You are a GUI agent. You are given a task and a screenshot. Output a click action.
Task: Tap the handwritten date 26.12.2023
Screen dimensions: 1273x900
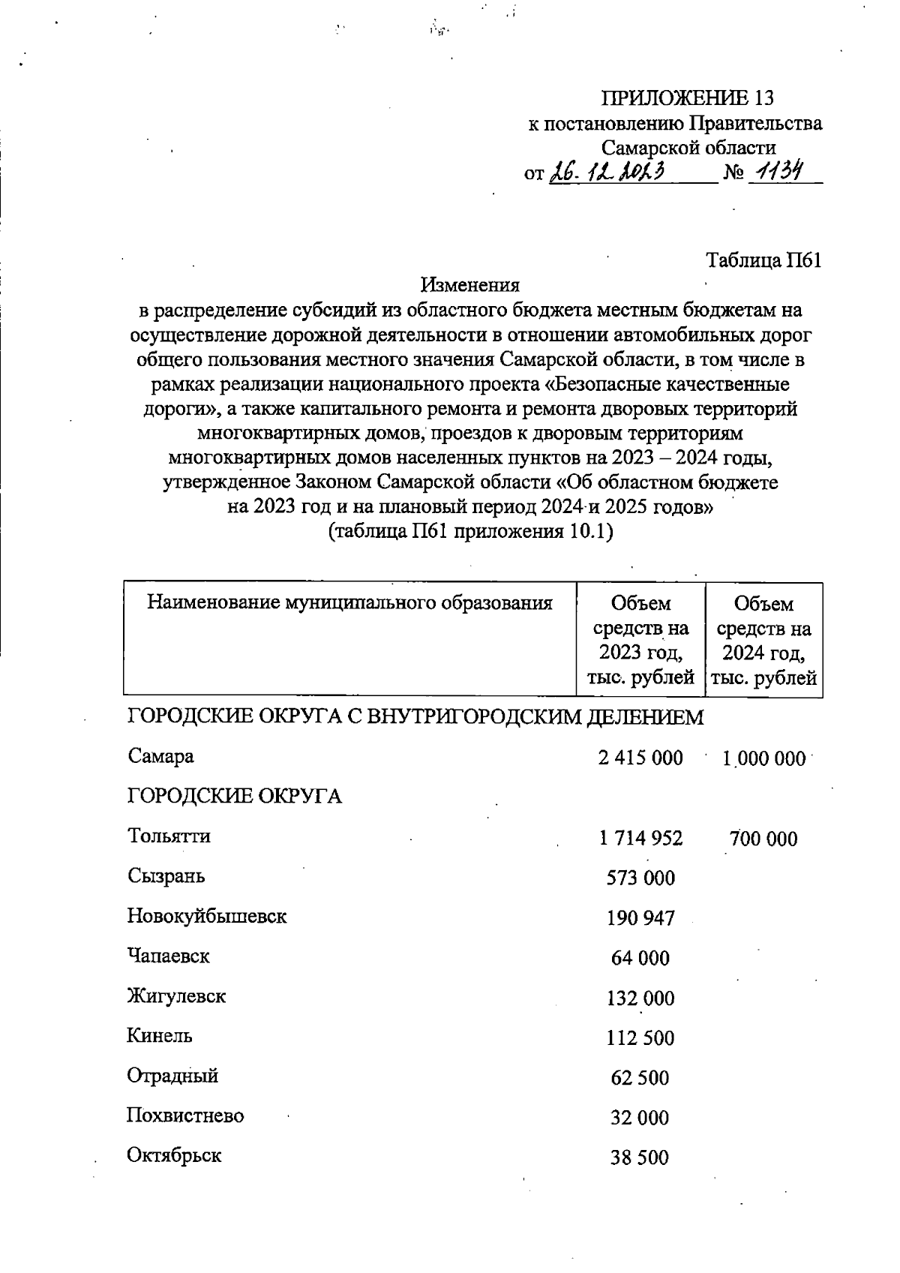[608, 173]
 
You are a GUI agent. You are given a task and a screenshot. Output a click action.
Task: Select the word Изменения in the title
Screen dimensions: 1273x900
[470, 285]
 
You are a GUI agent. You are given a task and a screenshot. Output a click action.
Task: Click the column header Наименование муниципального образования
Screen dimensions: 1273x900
[349, 602]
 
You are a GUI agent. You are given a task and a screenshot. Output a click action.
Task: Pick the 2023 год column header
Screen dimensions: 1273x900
[640, 640]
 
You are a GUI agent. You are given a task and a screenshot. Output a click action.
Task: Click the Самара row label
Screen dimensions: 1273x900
[160, 756]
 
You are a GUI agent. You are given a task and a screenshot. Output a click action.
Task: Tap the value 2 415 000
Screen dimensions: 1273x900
[640, 758]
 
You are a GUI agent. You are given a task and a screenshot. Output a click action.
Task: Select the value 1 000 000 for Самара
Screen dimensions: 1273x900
[763, 758]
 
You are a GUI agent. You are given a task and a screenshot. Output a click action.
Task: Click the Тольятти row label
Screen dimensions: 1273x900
[169, 836]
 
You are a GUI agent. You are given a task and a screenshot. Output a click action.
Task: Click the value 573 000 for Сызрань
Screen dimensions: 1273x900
[640, 878]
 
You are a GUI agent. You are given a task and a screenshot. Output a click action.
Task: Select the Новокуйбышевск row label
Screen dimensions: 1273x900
[207, 916]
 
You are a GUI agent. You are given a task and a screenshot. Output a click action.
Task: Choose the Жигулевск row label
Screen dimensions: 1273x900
[176, 996]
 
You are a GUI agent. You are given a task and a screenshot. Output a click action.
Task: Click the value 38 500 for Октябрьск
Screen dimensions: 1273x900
[640, 1158]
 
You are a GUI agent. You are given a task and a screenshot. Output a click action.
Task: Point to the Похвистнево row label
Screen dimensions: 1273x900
[185, 1115]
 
